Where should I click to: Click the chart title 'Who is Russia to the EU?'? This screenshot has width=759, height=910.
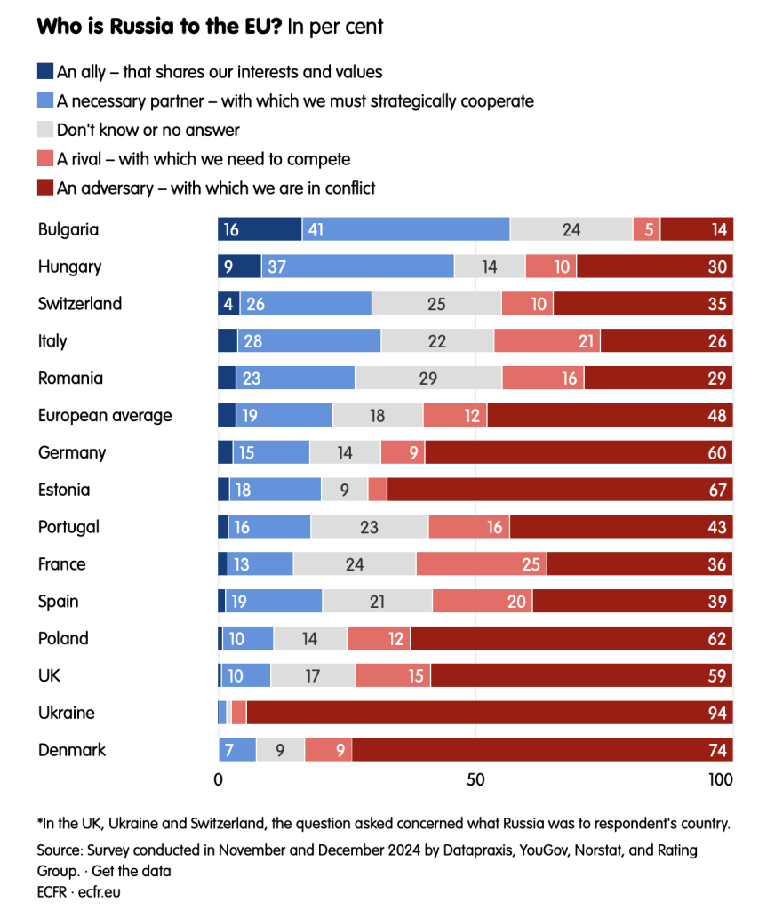160,27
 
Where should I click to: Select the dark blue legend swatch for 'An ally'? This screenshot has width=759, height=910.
45,71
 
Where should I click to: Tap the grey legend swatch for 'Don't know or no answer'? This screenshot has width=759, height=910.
45,130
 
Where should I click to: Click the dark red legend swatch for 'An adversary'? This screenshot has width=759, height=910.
45,188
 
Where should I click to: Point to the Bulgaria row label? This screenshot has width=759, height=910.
68,229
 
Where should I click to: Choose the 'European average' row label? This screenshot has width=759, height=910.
105,415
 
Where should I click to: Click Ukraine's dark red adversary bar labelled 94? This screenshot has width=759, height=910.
489,713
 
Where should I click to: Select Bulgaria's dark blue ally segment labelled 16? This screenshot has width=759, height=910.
260,229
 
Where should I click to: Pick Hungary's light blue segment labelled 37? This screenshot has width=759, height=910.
357,267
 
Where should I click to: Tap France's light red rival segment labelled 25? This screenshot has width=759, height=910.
481,564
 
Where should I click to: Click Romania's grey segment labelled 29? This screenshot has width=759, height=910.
428,379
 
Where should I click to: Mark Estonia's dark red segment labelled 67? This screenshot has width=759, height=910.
560,490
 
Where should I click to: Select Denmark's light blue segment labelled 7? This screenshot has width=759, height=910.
237,750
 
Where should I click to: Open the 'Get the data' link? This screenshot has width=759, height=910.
134,871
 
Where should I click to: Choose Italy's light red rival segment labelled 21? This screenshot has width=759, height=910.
547,341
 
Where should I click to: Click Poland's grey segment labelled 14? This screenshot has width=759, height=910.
310,638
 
